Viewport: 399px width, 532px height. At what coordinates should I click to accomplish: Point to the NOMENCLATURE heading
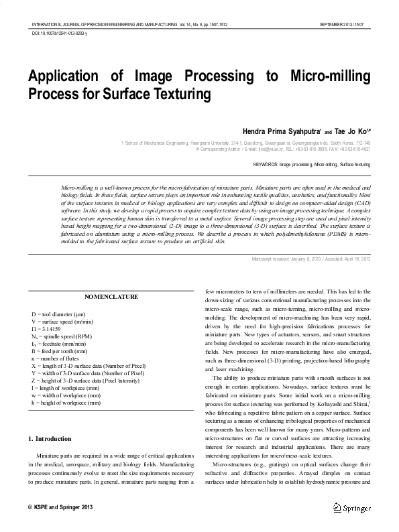pyautogui.click(x=112, y=296)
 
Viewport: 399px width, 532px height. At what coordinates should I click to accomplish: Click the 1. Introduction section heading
pyautogui.click(x=53, y=420)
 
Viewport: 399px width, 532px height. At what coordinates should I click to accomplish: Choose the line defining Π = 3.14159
pyautogui.click(x=52, y=328)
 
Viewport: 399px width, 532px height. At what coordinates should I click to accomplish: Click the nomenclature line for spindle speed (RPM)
pyautogui.click(x=66, y=336)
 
